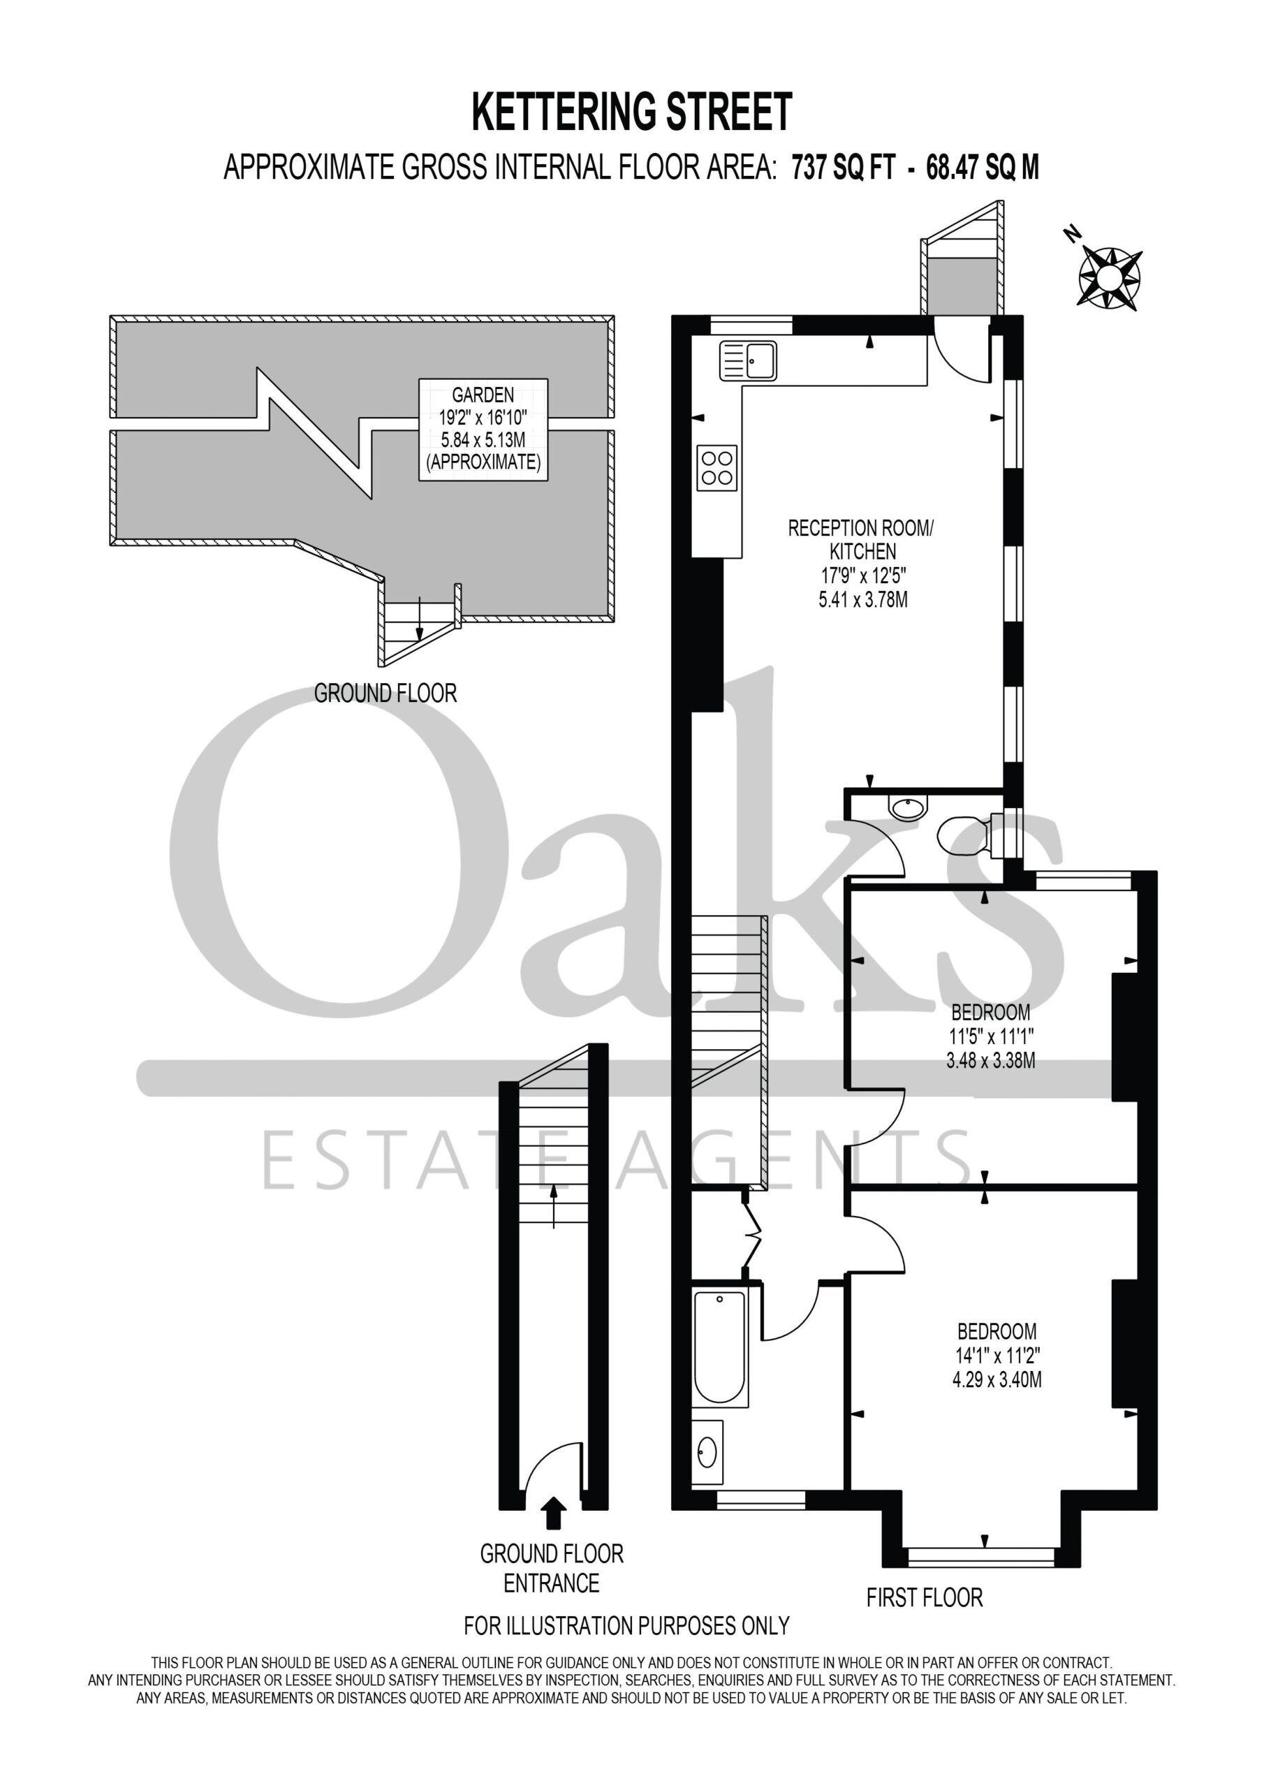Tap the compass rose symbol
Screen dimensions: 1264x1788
click(1109, 275)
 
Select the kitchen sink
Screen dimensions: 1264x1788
click(748, 360)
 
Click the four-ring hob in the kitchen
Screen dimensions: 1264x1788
click(716, 467)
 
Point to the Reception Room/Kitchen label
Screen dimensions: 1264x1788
click(861, 540)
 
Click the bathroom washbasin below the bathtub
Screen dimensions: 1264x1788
click(707, 1451)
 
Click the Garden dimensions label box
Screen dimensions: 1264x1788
click(483, 429)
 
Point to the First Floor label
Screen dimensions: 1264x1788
click(925, 1598)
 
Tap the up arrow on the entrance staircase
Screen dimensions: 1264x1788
click(554, 1206)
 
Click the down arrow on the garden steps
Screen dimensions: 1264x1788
click(420, 618)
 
